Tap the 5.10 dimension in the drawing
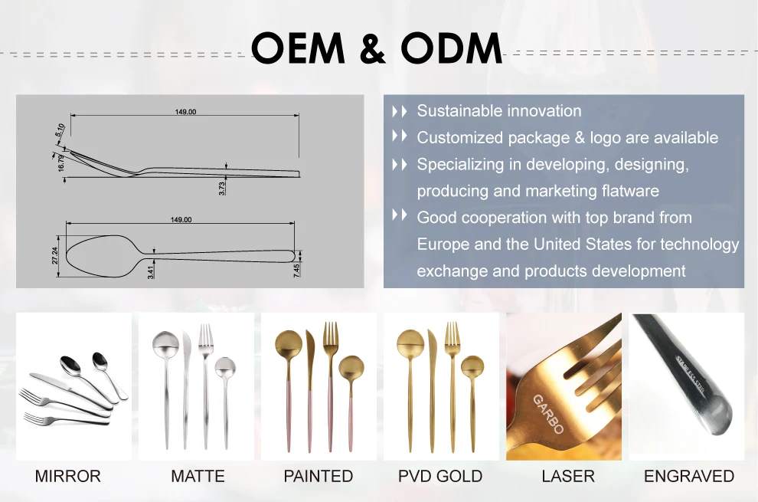pos(60,131)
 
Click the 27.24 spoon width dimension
pos(55,254)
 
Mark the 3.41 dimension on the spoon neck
pos(151,270)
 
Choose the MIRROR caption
pos(67,476)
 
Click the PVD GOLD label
pos(439,476)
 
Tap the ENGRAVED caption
pos(688,476)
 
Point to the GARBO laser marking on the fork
pos(548,413)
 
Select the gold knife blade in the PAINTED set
pos(310,353)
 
